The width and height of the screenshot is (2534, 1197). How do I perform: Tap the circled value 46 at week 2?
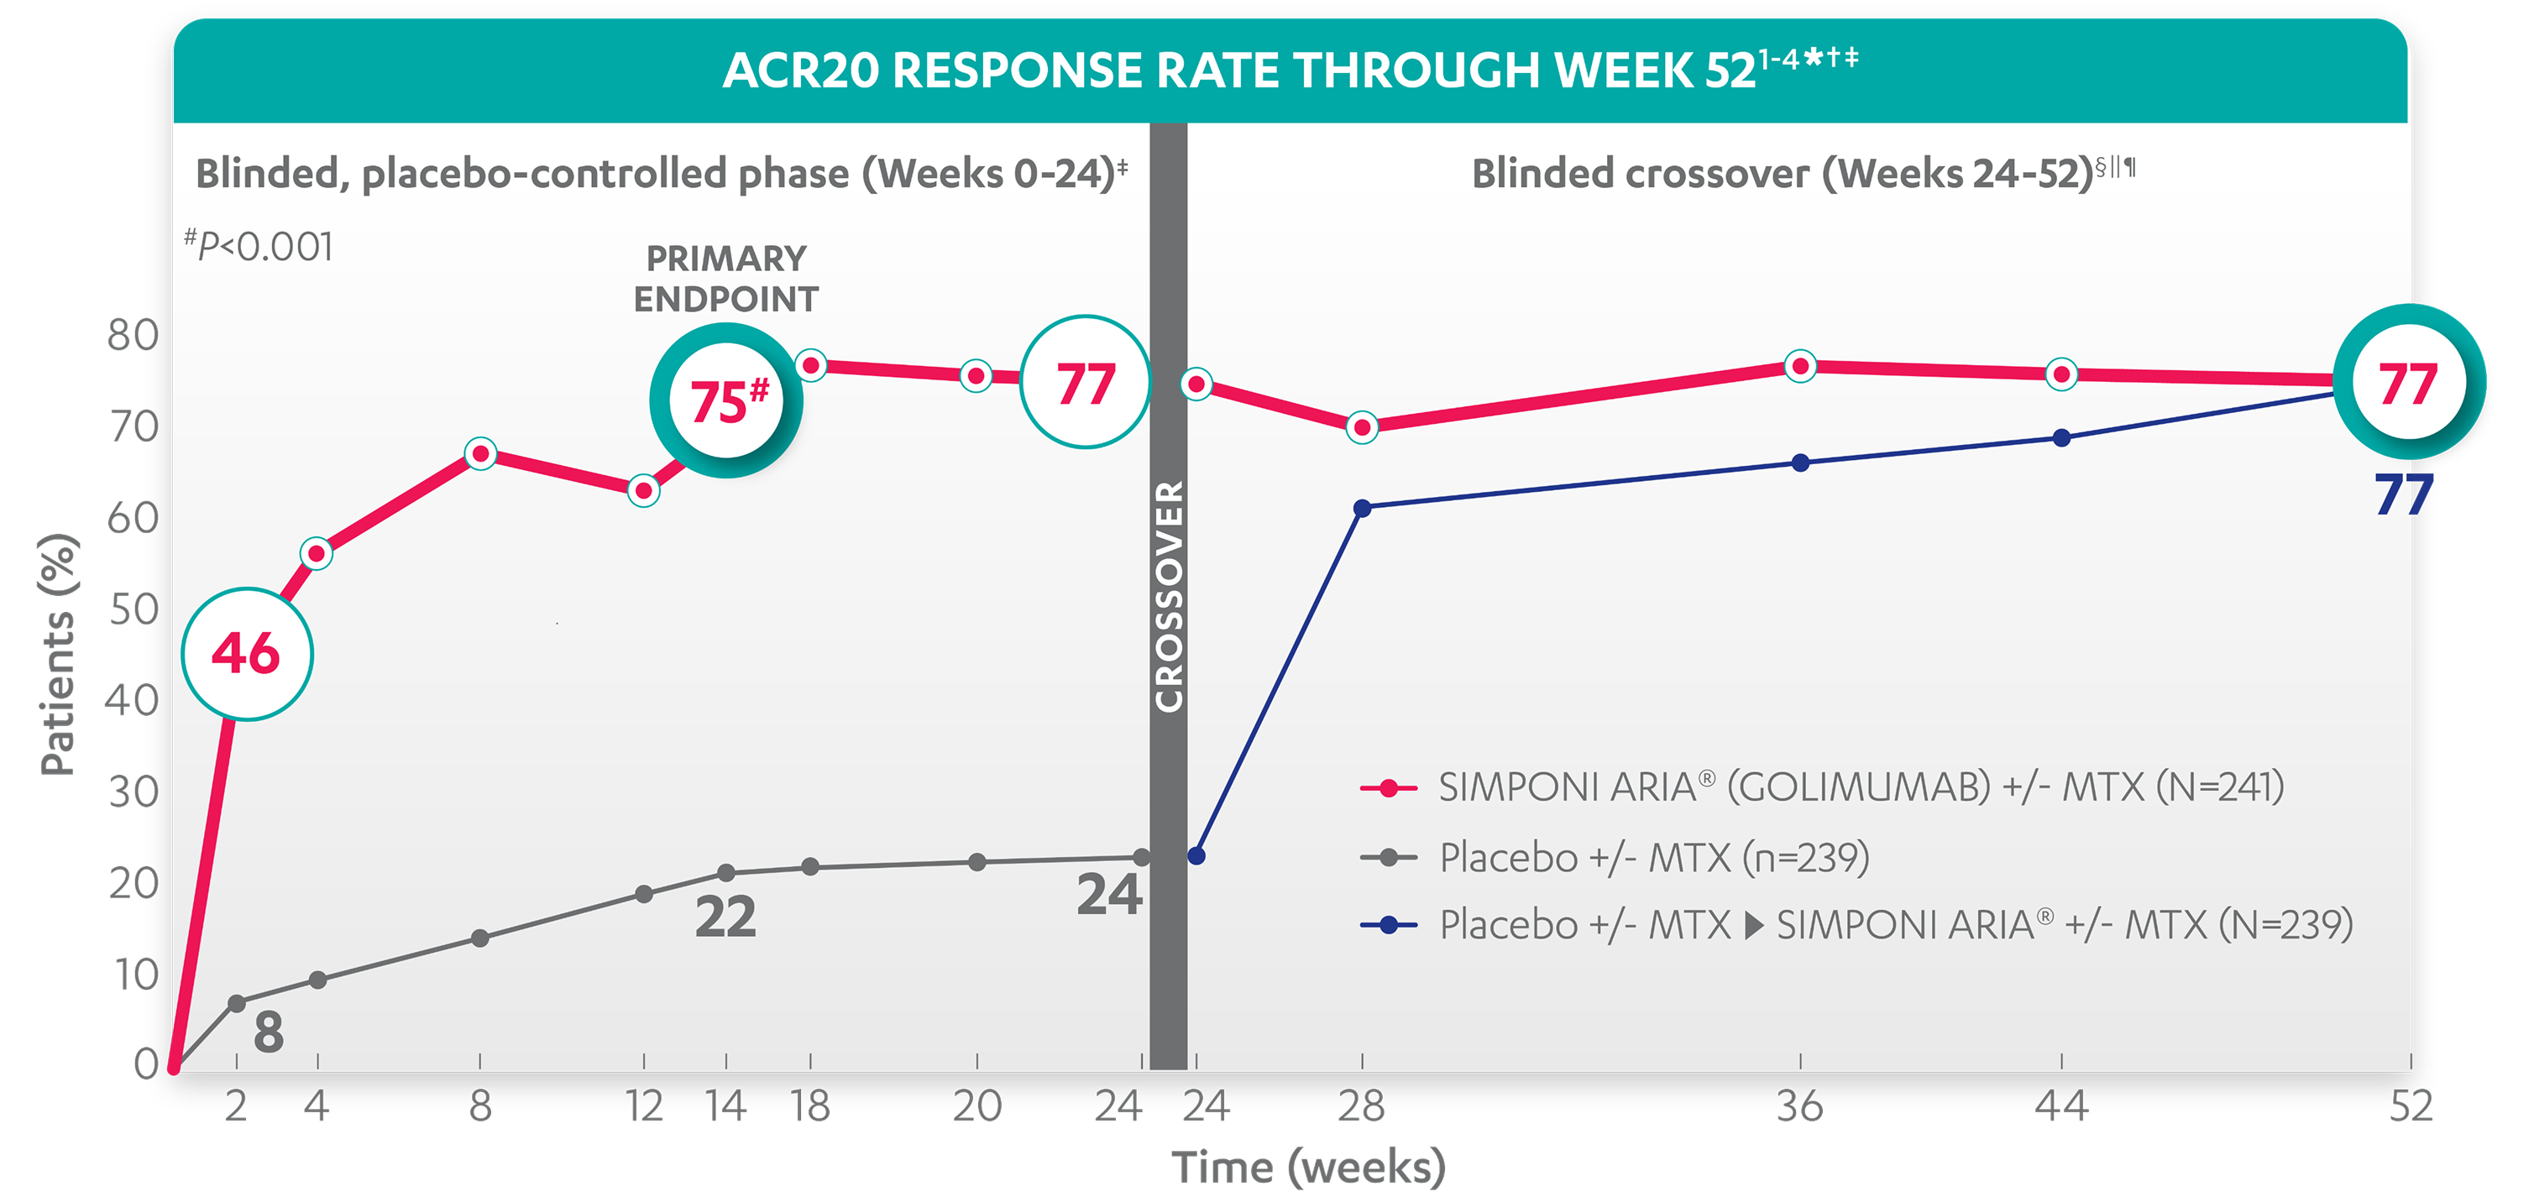(x=247, y=654)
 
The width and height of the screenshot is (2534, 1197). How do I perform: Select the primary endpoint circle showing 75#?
(x=726, y=401)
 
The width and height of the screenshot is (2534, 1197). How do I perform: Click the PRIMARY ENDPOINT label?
(x=726, y=279)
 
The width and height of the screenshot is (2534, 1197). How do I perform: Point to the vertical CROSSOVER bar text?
(x=1169, y=596)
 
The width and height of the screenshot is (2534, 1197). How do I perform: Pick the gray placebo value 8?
(x=269, y=1032)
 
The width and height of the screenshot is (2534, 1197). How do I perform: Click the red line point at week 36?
(x=1800, y=367)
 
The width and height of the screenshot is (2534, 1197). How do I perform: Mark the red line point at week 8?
(x=480, y=454)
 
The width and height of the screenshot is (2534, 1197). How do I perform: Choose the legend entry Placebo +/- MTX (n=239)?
(x=1652, y=858)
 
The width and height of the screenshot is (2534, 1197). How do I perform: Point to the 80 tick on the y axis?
(x=133, y=337)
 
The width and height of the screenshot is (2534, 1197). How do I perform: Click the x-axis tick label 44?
(x=2060, y=1107)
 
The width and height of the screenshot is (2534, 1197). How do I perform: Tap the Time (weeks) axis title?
(x=1308, y=1168)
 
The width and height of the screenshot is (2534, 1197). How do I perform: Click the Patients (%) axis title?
(x=57, y=654)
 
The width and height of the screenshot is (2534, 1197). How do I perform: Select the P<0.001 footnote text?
(x=260, y=247)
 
